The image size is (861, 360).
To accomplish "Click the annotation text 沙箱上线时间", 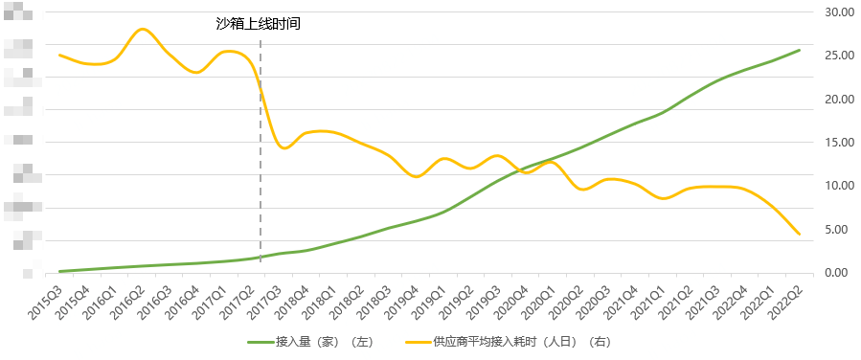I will [x=259, y=24].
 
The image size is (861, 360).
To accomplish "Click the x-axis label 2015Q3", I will [x=47, y=288].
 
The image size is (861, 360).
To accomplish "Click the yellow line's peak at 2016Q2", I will [x=143, y=30].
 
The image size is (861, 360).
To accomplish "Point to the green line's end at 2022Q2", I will [x=800, y=50].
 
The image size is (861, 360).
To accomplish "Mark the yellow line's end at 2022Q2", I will [x=800, y=234].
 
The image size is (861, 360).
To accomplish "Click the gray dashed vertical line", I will [x=261, y=153].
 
